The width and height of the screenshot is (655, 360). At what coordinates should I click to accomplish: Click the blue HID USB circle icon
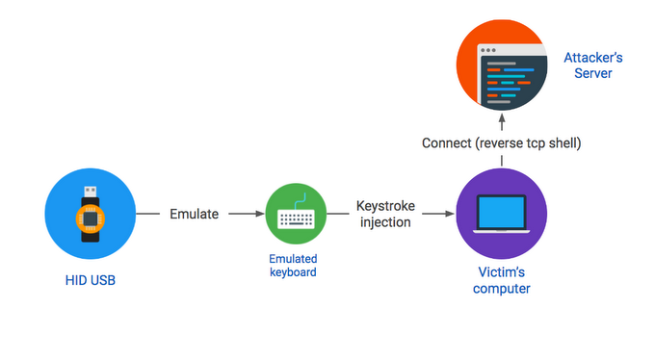(x=90, y=214)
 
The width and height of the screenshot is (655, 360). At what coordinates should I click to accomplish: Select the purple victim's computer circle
(x=501, y=214)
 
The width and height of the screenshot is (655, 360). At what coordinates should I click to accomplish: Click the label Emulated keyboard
(x=293, y=266)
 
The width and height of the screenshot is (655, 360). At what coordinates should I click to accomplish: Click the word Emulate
(x=196, y=214)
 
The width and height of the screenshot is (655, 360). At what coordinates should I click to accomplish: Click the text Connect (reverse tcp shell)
(x=502, y=143)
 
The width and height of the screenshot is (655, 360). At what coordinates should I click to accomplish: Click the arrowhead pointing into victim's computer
(x=449, y=214)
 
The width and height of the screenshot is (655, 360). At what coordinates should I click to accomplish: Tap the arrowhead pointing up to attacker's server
(x=502, y=121)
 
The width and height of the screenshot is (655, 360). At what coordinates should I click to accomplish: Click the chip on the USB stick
(x=90, y=217)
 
